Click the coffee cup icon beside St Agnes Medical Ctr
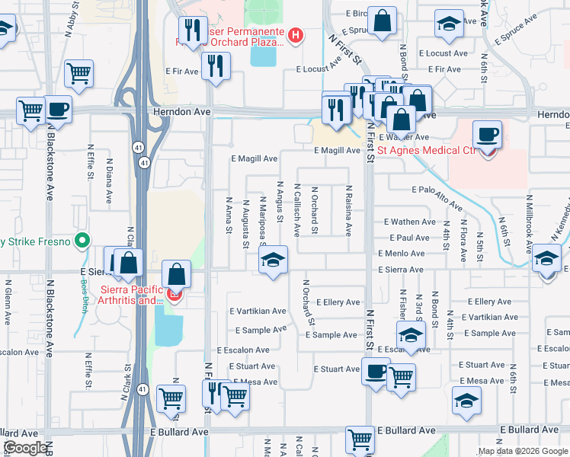(x=488, y=135)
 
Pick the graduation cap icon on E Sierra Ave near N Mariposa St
(x=272, y=260)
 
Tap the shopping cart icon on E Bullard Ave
(x=360, y=439)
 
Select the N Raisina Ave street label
(x=349, y=209)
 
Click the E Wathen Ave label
(x=409, y=222)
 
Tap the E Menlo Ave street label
(x=401, y=254)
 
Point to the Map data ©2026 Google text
(x=522, y=451)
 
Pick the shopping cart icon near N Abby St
(x=78, y=73)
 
